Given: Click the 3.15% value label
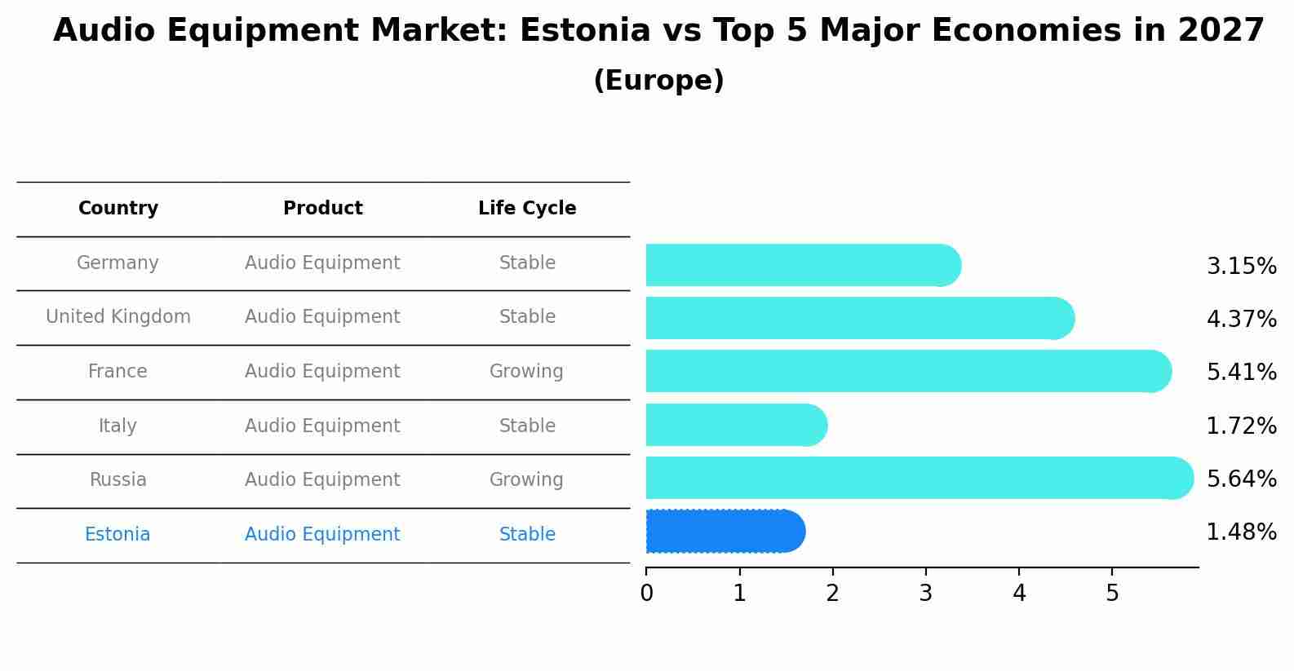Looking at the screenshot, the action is [1241, 267].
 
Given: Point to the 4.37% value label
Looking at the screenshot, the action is [1241, 320].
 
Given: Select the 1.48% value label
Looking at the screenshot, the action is [1241, 532].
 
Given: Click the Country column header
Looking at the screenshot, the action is [118, 209].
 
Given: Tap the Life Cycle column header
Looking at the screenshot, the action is [527, 209].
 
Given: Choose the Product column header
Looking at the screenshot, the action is [322, 209].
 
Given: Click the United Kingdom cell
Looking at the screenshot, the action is [118, 317].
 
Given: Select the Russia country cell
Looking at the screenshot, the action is [118, 480].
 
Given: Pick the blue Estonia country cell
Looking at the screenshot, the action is [117, 535].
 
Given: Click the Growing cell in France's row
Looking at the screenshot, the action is [526, 372].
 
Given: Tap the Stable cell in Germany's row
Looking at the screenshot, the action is [527, 263].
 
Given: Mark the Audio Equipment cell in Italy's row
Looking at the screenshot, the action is [322, 426].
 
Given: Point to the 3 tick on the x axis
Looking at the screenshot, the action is [925, 593].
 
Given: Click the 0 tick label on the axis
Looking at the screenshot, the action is [646, 593].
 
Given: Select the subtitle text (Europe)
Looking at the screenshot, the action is [658, 81].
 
